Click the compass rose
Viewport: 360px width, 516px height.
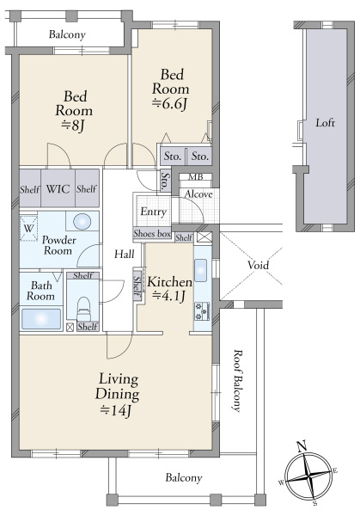point(308,476)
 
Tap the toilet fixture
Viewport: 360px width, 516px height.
point(83,309)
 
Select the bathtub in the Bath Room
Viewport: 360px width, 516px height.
point(41,319)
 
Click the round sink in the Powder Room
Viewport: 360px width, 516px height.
point(82,222)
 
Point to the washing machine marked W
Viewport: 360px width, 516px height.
point(28,228)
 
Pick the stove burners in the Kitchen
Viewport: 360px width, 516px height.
point(203,311)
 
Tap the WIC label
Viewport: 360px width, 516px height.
point(58,189)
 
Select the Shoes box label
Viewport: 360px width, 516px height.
point(152,234)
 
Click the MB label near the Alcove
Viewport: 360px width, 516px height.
point(196,177)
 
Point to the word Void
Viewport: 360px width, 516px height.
point(258,265)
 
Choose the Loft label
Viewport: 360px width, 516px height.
point(325,123)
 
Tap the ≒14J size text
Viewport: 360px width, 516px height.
point(116,410)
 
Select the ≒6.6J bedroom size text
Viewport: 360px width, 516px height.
point(169,104)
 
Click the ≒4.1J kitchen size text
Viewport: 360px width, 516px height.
point(168,296)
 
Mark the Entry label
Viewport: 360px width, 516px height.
point(153,212)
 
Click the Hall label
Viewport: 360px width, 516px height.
point(125,254)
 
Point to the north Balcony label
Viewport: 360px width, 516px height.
point(67,34)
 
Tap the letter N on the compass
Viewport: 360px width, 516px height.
point(302,446)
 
